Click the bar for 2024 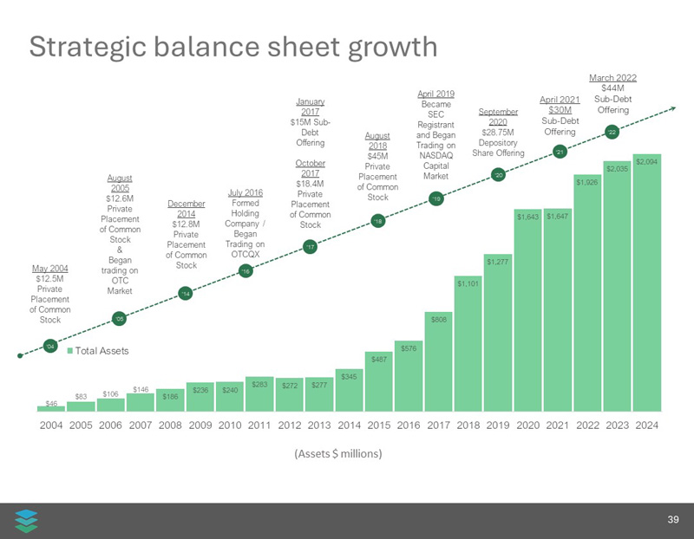point(647,286)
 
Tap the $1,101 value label point(468,282)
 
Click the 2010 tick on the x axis point(229,425)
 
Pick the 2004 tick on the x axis point(52,425)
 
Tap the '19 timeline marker point(436,199)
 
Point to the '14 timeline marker point(185,295)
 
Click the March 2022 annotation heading point(612,78)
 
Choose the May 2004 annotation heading point(50,268)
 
